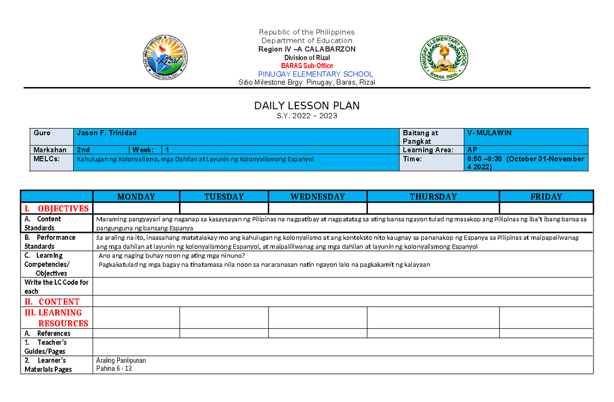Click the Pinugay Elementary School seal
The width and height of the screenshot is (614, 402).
(x=444, y=58)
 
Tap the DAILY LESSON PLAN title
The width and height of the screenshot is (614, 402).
(x=307, y=105)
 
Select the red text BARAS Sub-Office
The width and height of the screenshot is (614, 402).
(x=307, y=66)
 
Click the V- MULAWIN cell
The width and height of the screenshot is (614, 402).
(x=489, y=133)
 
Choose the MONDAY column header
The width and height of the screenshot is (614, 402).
(x=136, y=197)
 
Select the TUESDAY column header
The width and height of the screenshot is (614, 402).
(x=224, y=197)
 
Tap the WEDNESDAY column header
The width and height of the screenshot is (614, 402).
(x=318, y=197)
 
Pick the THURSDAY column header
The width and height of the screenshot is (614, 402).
(x=433, y=197)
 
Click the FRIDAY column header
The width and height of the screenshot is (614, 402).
(x=546, y=197)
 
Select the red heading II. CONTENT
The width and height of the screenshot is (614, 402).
(x=52, y=302)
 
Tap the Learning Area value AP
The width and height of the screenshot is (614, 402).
(x=473, y=150)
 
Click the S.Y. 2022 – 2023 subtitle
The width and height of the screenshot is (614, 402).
(x=307, y=116)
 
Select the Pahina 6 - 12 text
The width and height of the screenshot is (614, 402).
(x=114, y=369)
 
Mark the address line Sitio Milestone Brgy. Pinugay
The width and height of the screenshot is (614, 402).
(x=307, y=82)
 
